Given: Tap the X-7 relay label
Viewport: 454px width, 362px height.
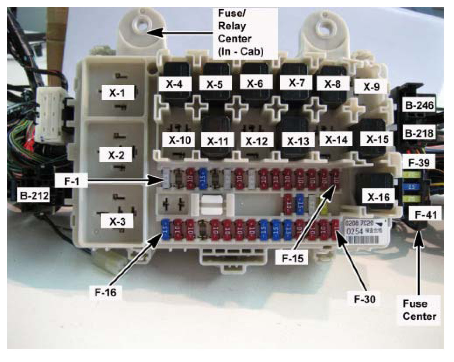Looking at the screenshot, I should tap(297, 83).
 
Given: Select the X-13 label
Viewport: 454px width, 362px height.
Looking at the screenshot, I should tap(298, 141).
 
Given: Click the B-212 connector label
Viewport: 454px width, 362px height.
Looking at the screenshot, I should tap(34, 196).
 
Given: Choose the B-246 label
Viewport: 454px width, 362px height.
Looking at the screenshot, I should tap(419, 105).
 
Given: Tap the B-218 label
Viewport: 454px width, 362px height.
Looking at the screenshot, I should tap(419, 133).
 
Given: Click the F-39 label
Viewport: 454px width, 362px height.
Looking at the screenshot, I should tap(419, 162).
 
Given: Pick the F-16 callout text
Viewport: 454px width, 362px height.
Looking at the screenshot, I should tap(105, 292).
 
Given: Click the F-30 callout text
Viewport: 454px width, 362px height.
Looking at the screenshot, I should tap(365, 299).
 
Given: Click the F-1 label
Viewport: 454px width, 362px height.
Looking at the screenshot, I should tap(72, 181).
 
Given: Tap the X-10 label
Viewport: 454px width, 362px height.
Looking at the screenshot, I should tap(180, 140).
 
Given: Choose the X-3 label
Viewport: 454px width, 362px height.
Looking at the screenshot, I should tap(117, 221).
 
